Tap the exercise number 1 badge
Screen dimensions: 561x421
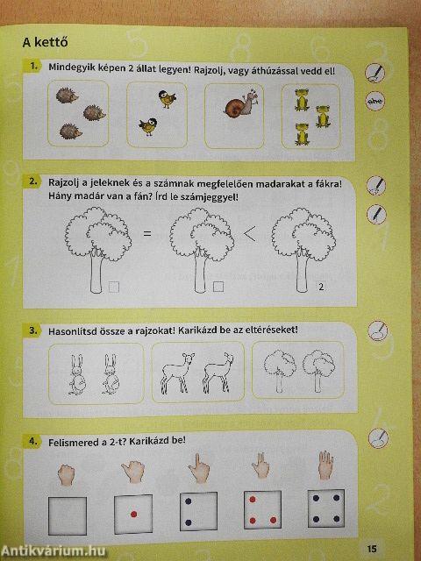point(33,67)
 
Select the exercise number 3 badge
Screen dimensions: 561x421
point(33,330)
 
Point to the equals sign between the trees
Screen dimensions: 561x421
point(147,234)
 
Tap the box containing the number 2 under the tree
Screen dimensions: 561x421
point(322,287)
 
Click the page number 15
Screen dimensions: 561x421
point(373,549)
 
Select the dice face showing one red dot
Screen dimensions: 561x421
point(133,512)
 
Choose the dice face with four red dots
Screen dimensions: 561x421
point(260,512)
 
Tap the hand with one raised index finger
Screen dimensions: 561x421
point(197,465)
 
